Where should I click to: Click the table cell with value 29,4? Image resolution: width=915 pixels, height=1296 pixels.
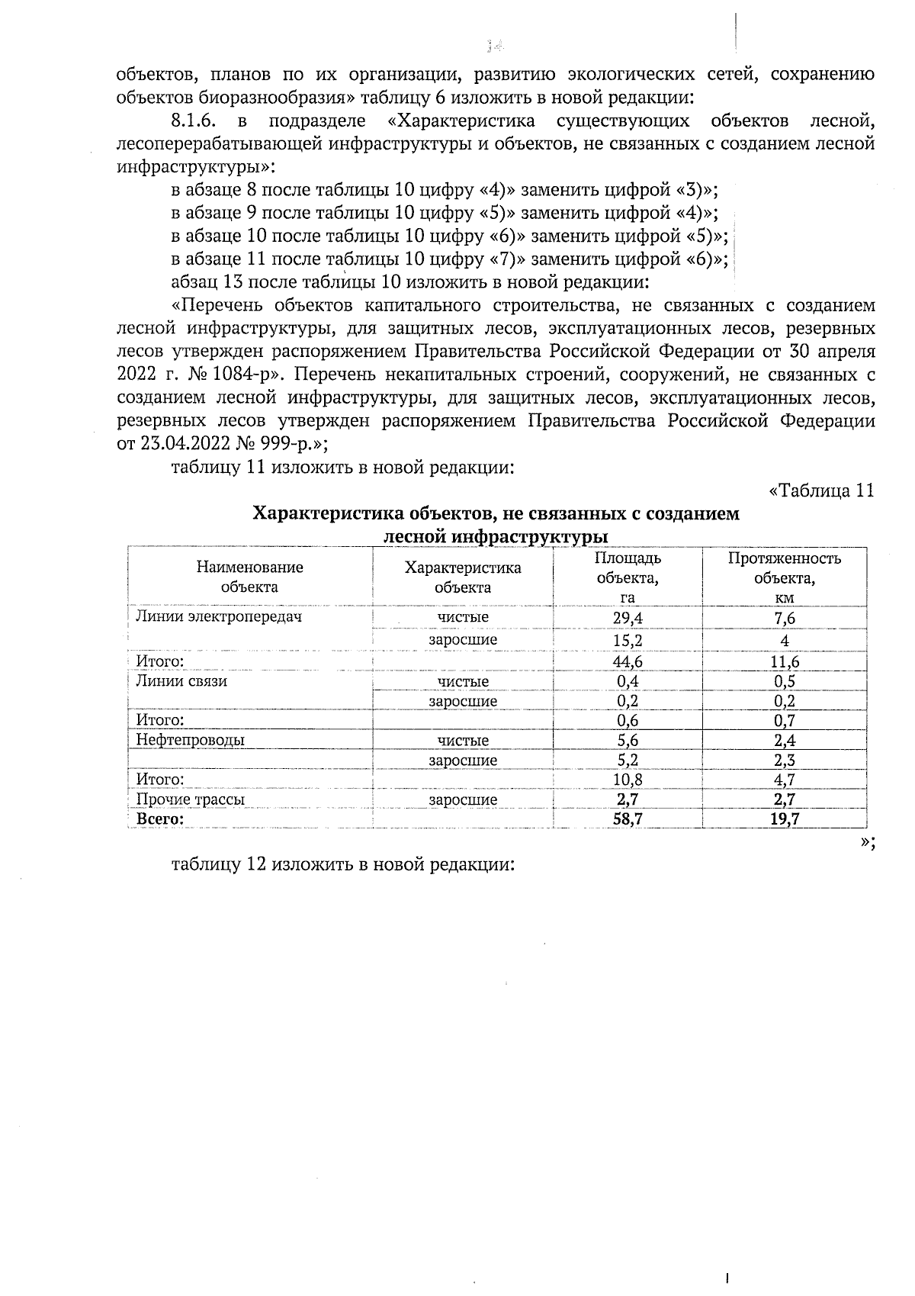(628, 618)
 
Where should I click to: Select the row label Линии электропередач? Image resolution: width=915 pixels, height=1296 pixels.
(218, 616)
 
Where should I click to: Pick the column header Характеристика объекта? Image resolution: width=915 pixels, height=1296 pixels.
(462, 577)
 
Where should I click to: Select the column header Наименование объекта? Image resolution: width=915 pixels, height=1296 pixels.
(249, 577)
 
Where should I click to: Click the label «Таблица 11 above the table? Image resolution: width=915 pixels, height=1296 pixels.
(820, 490)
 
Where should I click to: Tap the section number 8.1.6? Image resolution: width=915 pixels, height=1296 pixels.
(197, 121)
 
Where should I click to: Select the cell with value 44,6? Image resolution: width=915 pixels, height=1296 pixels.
(628, 661)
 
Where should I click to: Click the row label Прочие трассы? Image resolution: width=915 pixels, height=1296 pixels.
(190, 799)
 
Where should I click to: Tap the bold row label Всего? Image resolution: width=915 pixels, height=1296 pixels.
(160, 819)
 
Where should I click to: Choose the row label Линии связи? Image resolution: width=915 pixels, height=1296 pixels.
(181, 681)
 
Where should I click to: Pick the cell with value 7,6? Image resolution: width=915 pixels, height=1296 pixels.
(784, 618)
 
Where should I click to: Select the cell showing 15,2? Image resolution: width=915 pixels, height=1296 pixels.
(628, 640)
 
